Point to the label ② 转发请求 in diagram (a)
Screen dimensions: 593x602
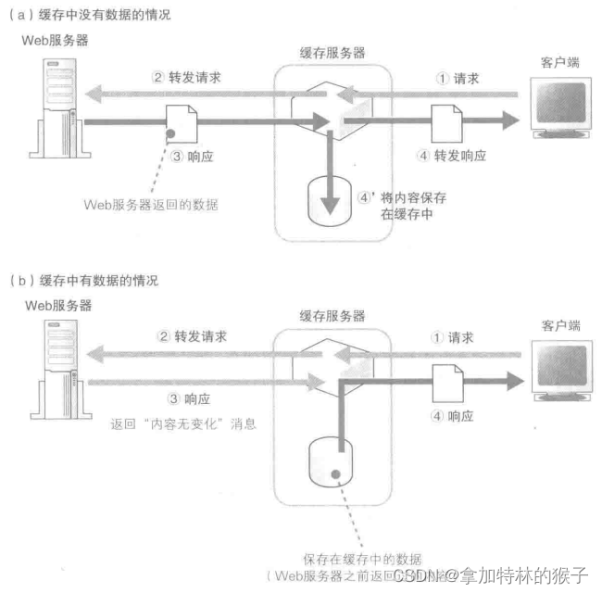pos(184,78)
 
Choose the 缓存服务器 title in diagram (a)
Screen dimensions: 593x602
pos(332,54)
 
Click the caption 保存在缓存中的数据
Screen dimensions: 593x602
pos(362,559)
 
